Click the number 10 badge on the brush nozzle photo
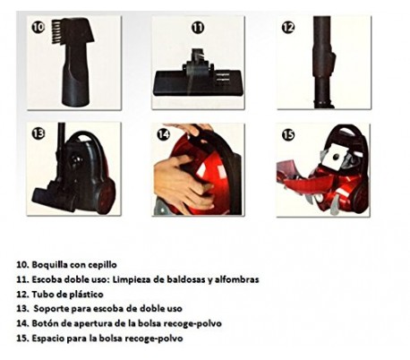(x=38, y=27)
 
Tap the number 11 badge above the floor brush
(x=198, y=28)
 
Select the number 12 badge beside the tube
(x=288, y=28)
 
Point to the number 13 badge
(x=38, y=133)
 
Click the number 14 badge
(x=163, y=134)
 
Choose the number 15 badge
(x=288, y=134)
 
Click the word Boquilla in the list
(x=49, y=265)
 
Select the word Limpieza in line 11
(x=129, y=279)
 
